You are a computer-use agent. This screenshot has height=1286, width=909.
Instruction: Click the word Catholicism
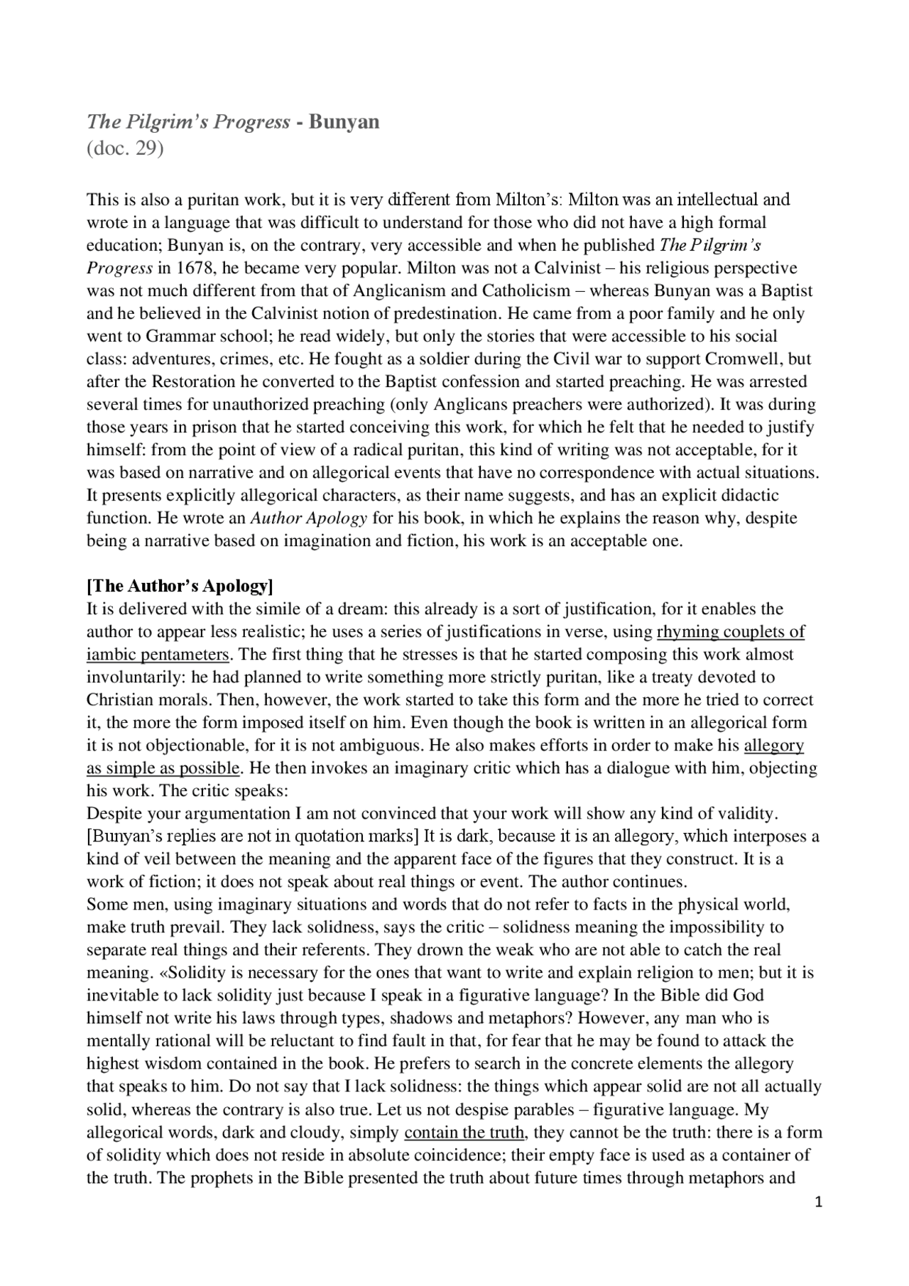[526, 290]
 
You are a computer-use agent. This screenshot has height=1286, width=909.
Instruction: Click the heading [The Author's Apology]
[180, 586]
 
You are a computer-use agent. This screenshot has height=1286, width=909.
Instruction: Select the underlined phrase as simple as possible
[163, 768]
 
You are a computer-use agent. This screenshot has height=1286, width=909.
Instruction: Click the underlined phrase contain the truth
[464, 1132]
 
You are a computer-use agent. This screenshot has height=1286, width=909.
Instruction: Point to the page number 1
[819, 1201]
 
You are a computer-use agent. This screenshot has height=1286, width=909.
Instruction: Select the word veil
[151, 859]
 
